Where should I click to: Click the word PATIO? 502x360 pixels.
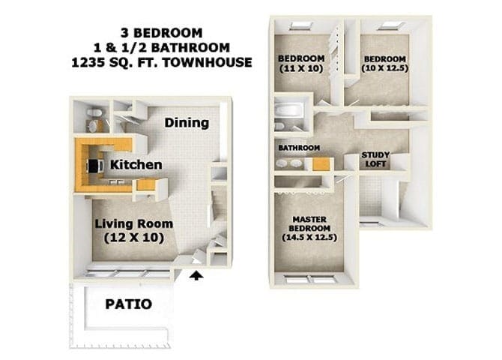[x=129, y=304]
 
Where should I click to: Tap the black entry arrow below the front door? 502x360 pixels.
[x=196, y=276]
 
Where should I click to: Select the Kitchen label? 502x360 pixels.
[x=136, y=164]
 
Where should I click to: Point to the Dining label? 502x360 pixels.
[x=187, y=123]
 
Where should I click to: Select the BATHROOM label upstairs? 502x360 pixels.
[x=300, y=148]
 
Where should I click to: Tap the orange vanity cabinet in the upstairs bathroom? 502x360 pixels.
[x=321, y=163]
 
